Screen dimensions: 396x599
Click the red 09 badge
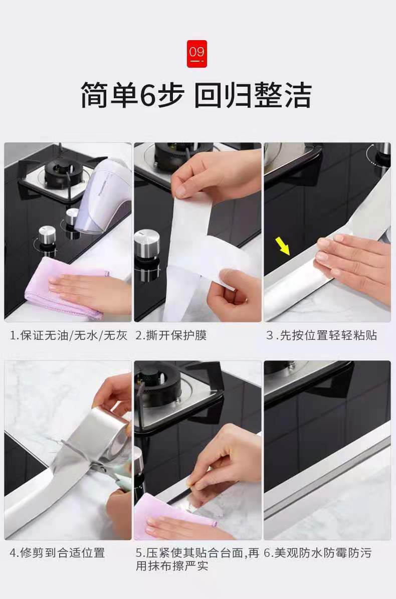[196, 54]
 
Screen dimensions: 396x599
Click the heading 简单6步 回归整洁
[196, 96]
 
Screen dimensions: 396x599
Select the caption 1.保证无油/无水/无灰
[69, 335]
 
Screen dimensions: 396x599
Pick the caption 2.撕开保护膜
[171, 335]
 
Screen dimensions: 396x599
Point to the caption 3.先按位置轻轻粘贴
[321, 335]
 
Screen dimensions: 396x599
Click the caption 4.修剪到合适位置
[57, 553]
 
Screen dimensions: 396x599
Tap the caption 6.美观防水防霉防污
[318, 553]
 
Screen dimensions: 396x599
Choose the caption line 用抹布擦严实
[172, 566]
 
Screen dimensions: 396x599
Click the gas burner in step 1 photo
[61, 172]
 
